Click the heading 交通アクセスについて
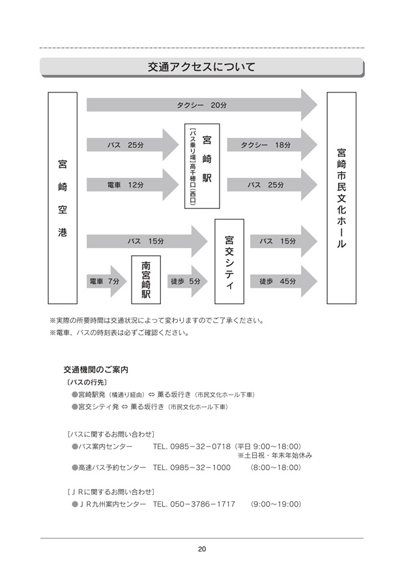tap(201, 67)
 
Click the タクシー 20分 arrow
tap(202, 105)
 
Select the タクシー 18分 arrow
tap(272, 145)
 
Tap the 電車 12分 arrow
tap(132, 185)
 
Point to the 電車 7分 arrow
tap(106, 281)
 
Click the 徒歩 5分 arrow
tap(187, 281)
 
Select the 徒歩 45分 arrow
tap(283, 281)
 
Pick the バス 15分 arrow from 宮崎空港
tap(147, 241)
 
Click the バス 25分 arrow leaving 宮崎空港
tap(132, 145)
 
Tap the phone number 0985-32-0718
tap(200, 447)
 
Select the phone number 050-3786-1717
tap(203, 505)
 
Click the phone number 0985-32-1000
tap(200, 467)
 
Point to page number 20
tap(202, 549)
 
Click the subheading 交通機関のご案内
tap(96, 370)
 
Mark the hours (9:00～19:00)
tap(276, 505)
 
